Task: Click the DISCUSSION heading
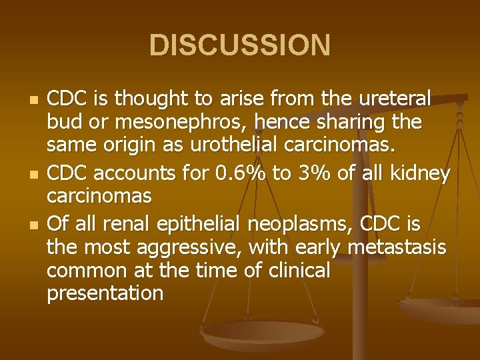click(x=240, y=45)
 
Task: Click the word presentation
click(x=105, y=293)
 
